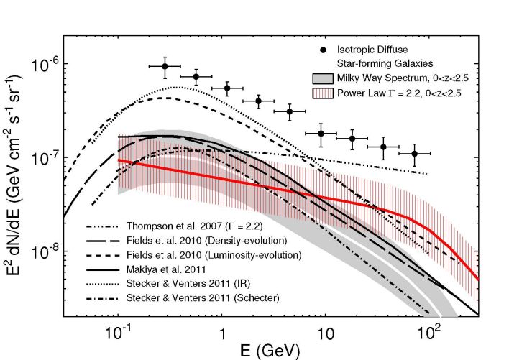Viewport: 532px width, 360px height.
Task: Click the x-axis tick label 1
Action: [222, 335]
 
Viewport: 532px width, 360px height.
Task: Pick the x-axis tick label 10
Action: [326, 335]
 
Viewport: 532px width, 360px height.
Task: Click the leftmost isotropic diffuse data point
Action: [165, 66]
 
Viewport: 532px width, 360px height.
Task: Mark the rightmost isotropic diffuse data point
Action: [415, 154]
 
